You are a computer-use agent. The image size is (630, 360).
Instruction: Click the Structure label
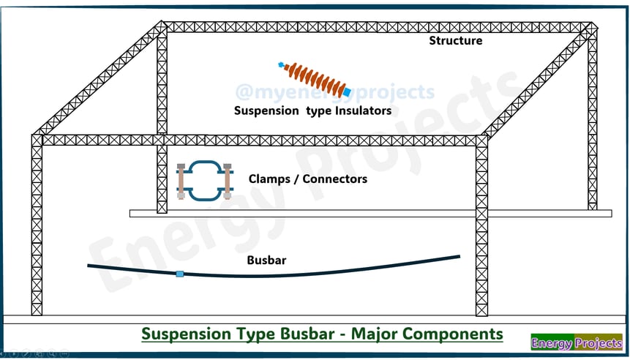coord(456,40)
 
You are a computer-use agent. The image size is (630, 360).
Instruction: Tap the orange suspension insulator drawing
coord(315,80)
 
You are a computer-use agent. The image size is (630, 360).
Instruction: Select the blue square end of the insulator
coord(346,92)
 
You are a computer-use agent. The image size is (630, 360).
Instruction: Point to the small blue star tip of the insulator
coord(281,64)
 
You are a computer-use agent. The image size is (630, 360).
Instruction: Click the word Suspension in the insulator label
coord(266,111)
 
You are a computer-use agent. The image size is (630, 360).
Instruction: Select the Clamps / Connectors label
coord(308,179)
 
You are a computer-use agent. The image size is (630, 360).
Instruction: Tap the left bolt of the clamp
coord(181,181)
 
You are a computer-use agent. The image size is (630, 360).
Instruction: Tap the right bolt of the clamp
coord(228,181)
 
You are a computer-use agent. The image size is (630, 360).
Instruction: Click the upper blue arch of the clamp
coord(204,162)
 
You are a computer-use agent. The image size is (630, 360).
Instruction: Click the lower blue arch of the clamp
coord(204,198)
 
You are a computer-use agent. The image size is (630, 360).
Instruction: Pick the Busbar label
coord(267,260)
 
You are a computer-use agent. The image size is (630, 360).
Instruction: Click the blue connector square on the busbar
coord(180,274)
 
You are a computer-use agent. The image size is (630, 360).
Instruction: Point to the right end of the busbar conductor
coord(460,256)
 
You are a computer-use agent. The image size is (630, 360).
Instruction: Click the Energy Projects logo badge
coord(577,342)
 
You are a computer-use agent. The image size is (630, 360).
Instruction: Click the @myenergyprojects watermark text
coord(334,92)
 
